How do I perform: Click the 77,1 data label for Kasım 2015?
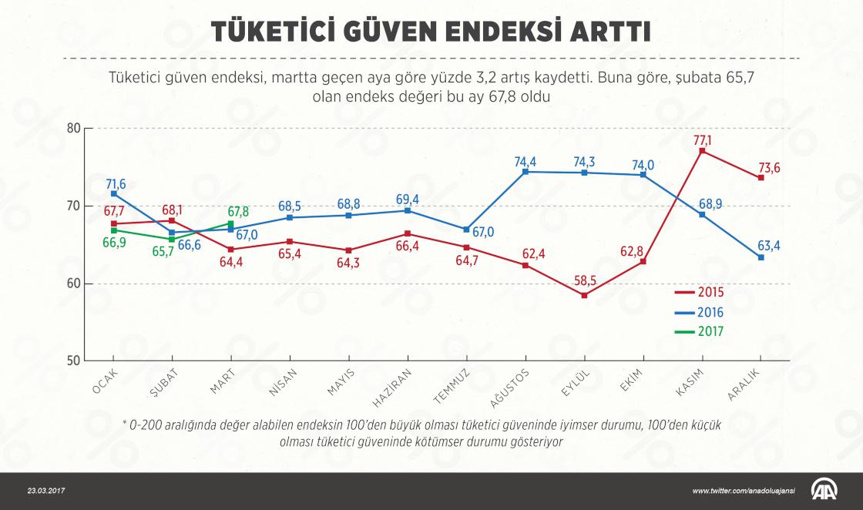(x=703, y=139)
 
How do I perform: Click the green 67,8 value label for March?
(x=238, y=211)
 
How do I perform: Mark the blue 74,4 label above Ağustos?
(x=526, y=161)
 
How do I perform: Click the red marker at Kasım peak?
(x=702, y=151)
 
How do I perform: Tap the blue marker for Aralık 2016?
(x=761, y=257)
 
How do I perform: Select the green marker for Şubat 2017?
(x=171, y=239)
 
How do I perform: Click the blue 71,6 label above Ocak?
(x=116, y=183)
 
